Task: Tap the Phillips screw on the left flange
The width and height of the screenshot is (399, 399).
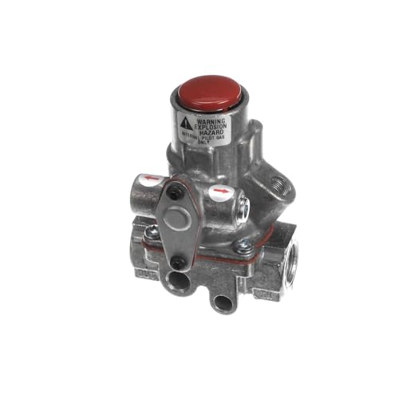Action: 152,232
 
